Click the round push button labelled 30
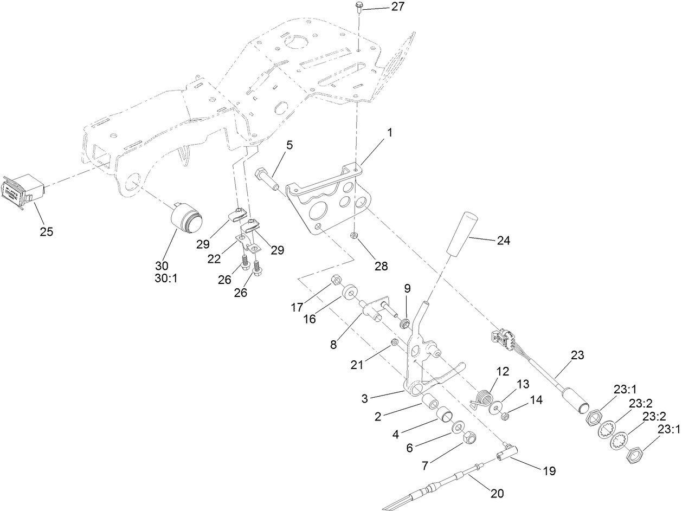[185, 219]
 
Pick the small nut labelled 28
[353, 235]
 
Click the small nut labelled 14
[505, 416]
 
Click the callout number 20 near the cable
[497, 494]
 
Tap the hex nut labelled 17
[335, 280]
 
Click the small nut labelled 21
[396, 343]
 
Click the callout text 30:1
[162, 279]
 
